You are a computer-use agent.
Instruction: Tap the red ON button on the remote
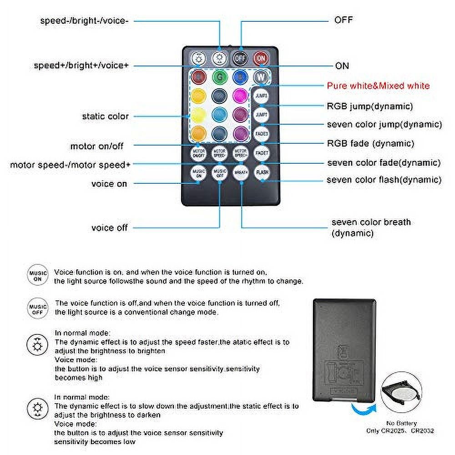click(x=261, y=58)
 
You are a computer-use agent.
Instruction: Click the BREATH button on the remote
click(x=240, y=173)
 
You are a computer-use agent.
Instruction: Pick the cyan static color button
click(x=219, y=114)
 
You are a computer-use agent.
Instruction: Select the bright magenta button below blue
click(x=239, y=95)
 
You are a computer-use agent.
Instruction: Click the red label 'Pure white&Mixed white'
click(x=378, y=86)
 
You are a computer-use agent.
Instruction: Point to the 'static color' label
click(x=106, y=116)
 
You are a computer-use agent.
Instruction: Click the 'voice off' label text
click(x=110, y=227)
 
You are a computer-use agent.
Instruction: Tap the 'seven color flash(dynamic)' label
click(x=384, y=180)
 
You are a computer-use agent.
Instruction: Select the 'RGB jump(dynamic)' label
click(x=370, y=106)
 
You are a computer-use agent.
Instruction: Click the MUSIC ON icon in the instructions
click(x=38, y=275)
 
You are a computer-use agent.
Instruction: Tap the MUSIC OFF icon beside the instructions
click(x=38, y=307)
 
